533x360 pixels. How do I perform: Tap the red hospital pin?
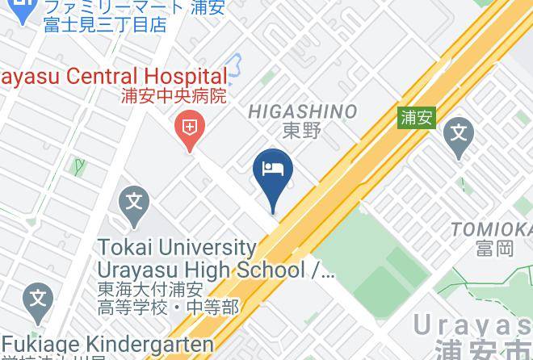click(190, 128)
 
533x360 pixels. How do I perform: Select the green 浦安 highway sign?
click(417, 117)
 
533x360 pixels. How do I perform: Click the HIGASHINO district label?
click(302, 111)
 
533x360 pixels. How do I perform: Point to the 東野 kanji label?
click(302, 130)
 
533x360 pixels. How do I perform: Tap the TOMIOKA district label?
click(492, 229)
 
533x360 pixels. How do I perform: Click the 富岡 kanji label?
click(493, 247)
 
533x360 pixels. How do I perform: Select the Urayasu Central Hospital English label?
click(113, 76)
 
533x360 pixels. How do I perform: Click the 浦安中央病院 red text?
click(173, 95)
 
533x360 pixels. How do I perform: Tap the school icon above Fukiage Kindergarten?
click(38, 299)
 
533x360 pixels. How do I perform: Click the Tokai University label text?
click(178, 247)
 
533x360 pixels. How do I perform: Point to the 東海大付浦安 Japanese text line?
click(150, 289)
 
